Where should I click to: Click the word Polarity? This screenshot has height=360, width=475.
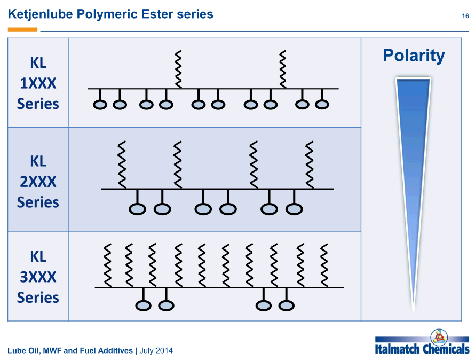[x=414, y=56]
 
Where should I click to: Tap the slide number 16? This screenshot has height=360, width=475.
[x=465, y=16]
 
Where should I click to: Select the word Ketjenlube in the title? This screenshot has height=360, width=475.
[x=40, y=14]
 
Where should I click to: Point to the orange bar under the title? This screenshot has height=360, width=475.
[x=22, y=29]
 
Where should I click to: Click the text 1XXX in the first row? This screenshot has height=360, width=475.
[x=38, y=83]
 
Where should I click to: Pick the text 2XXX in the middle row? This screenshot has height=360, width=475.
[x=38, y=182]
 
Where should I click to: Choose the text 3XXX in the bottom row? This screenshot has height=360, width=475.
[x=38, y=277]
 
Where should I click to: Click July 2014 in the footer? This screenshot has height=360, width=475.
[x=156, y=350]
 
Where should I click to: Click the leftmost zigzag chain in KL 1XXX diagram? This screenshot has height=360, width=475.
[x=178, y=69]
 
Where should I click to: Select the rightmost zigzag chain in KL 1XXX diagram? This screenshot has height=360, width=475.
[x=283, y=69]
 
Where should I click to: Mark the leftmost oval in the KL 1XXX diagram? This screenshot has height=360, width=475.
[x=100, y=105]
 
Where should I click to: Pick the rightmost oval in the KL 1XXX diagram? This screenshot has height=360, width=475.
[x=322, y=105]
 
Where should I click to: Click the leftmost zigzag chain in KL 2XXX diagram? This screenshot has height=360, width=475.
[x=122, y=165]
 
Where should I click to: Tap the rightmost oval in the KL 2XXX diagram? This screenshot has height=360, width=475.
[x=294, y=209]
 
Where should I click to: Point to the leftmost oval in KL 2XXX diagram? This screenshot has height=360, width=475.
[x=138, y=209]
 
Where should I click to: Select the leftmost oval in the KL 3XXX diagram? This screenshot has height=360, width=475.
[x=143, y=306]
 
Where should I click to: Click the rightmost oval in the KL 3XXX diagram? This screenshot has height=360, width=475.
[x=286, y=306]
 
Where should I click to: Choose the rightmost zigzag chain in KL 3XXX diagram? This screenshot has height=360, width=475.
[x=324, y=265]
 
